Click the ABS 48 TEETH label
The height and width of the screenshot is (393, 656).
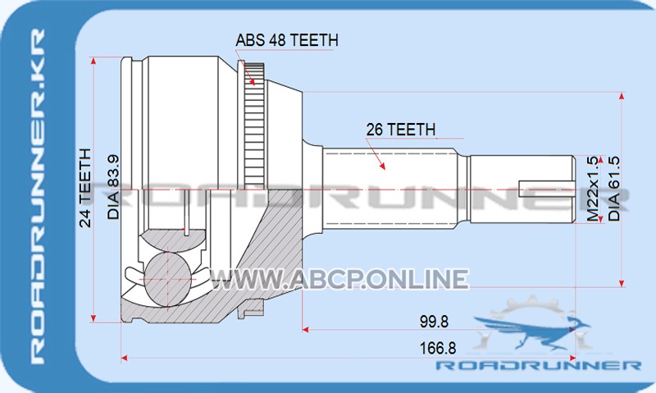tap(286, 40)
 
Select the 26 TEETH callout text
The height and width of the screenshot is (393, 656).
tap(400, 130)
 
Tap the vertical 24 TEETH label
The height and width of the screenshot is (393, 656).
tap(85, 188)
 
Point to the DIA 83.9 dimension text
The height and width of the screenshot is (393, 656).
tap(113, 188)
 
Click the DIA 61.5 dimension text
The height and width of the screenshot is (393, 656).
tap(613, 189)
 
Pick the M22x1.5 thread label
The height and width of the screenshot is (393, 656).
tap(593, 189)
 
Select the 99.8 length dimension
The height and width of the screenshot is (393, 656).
tap(434, 322)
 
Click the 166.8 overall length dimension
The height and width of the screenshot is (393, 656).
tap(438, 348)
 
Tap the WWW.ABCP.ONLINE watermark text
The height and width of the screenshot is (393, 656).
tap(339, 279)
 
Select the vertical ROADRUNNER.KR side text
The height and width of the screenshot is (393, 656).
tap(37, 196)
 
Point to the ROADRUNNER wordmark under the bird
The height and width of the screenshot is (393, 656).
tap(538, 365)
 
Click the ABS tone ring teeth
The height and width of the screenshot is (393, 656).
tap(254, 126)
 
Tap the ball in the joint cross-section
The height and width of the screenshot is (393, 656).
tap(167, 279)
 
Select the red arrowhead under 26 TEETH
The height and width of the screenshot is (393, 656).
tap(381, 165)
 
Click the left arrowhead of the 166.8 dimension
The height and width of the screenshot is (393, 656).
tap(125, 358)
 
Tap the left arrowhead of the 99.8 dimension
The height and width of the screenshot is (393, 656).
tap(305, 330)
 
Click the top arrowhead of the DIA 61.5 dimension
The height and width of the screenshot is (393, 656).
tap(622, 96)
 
